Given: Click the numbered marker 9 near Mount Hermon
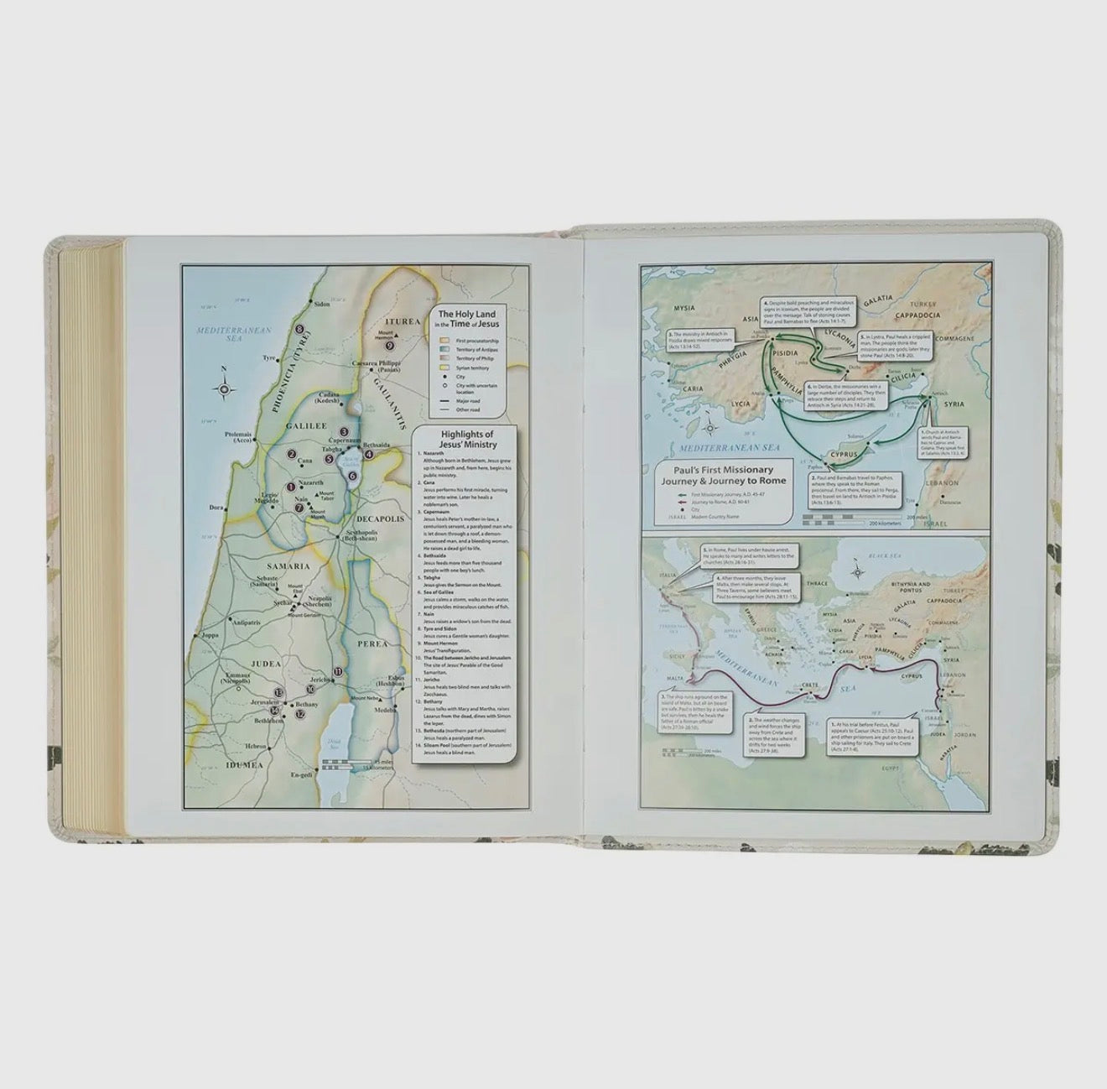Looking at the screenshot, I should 389,345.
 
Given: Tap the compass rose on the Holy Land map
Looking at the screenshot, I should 226,388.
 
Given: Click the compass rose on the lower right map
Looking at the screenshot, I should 860,572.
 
